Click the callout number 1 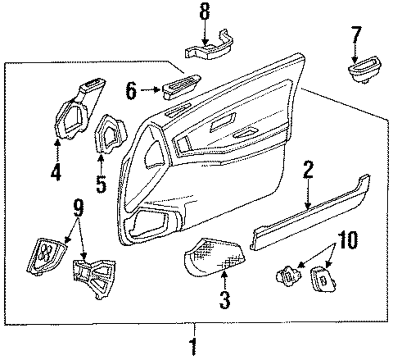coord(193,346)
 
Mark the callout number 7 coord(355,37)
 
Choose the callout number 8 coord(204,13)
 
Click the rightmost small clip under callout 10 coord(323,279)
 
